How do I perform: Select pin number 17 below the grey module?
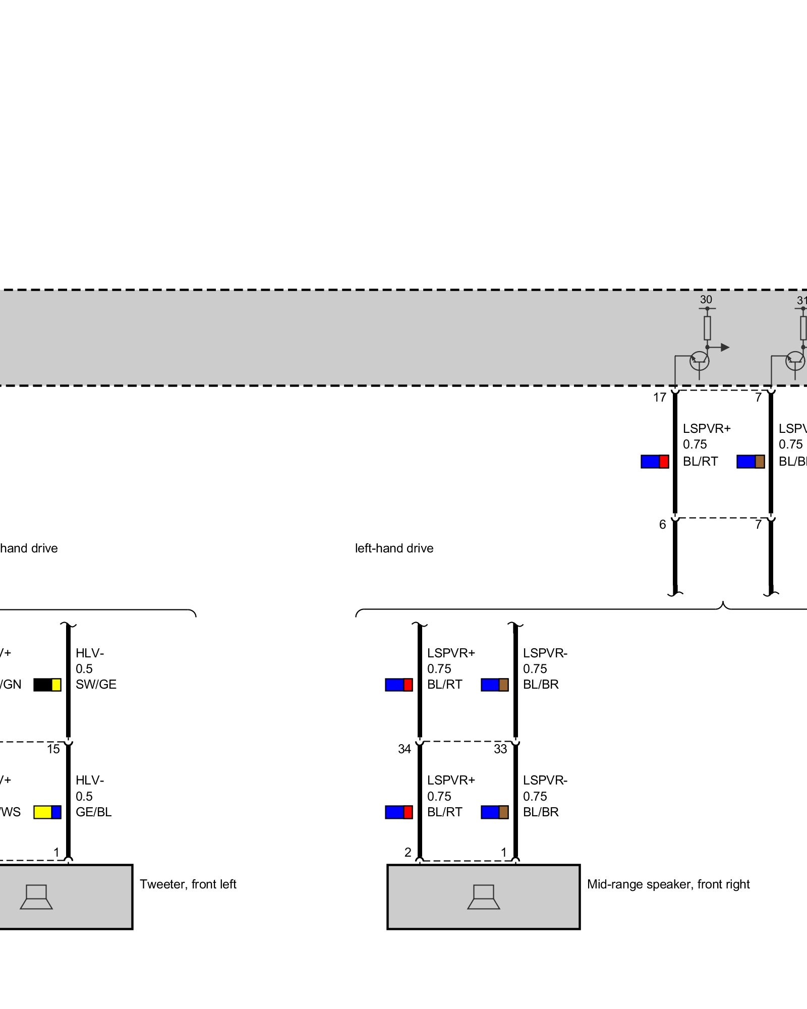tap(660, 398)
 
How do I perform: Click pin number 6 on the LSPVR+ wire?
tap(662, 525)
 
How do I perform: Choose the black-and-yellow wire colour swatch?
tap(47, 685)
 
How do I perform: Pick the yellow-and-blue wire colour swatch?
tap(47, 812)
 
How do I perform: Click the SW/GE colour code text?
tap(96, 685)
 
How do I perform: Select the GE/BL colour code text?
tap(93, 812)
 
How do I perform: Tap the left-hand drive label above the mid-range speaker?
tap(394, 548)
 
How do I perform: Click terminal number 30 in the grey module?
tap(706, 300)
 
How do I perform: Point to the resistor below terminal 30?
tap(707, 328)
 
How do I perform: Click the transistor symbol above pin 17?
tap(699, 361)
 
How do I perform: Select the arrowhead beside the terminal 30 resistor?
tap(725, 347)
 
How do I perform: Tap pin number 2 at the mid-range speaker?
tap(408, 853)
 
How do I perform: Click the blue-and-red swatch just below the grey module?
tap(655, 462)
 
